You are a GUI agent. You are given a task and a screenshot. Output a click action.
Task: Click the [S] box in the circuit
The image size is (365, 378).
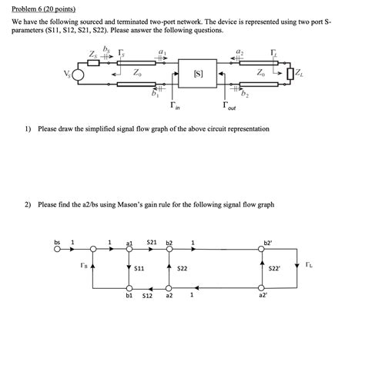(x=199, y=75)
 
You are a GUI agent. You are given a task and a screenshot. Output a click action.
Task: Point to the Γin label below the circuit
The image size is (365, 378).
(x=175, y=105)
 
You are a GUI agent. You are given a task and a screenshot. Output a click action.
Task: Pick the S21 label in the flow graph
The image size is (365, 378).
(x=152, y=242)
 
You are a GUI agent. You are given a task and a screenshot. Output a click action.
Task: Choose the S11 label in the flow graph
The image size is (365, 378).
(x=139, y=269)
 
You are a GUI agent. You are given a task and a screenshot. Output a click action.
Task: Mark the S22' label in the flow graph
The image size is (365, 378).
(x=275, y=269)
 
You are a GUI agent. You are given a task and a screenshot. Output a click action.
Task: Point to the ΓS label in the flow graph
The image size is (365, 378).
(x=83, y=267)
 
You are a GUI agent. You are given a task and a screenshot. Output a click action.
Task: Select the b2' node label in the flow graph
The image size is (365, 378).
(x=268, y=242)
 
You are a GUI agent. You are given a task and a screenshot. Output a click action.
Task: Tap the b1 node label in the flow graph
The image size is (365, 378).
(x=129, y=295)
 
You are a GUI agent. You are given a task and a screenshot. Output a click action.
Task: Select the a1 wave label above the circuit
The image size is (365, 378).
(x=161, y=50)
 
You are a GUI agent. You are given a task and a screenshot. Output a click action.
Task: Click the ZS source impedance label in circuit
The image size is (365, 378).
(x=94, y=55)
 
